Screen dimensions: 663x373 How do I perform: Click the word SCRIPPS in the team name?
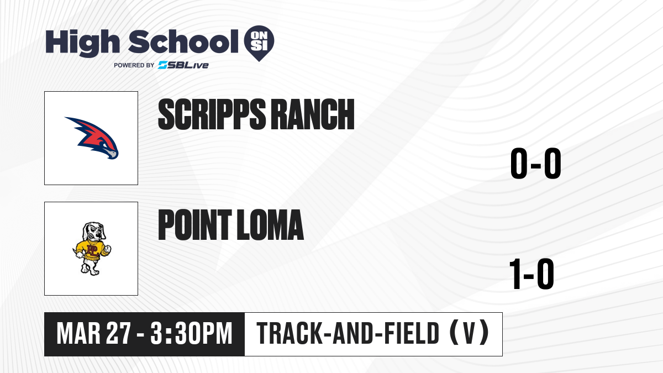click(212, 114)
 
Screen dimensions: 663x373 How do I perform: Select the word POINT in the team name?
click(194, 225)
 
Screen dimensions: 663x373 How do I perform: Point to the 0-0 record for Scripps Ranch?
click(536, 164)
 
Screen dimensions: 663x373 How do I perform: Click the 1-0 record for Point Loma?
click(532, 274)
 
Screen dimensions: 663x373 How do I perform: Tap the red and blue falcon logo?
click(92, 138)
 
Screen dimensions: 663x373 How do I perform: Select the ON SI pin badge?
click(259, 43)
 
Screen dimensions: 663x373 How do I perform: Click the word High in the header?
click(83, 43)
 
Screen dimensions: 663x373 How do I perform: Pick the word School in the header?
click(183, 41)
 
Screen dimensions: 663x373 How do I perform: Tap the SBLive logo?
click(183, 65)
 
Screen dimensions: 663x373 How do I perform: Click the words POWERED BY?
click(134, 65)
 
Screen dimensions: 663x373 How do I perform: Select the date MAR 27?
click(94, 334)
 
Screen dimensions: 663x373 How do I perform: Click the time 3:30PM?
click(191, 334)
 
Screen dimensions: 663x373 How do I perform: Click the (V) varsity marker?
click(470, 333)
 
